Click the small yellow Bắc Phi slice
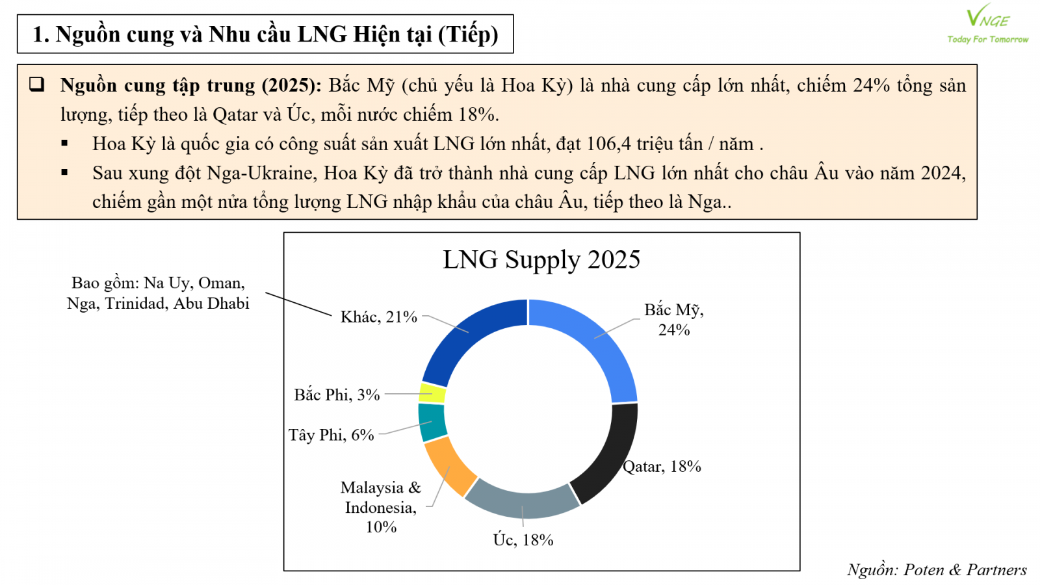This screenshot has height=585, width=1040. (x=433, y=393)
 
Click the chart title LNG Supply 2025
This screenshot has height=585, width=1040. (x=541, y=259)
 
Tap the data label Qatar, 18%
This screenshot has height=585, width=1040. (x=662, y=467)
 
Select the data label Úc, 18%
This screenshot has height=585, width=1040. (x=523, y=539)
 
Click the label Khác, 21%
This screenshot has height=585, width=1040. (x=378, y=317)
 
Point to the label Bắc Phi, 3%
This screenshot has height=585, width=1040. (x=337, y=395)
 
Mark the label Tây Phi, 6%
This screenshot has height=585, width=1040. (x=331, y=435)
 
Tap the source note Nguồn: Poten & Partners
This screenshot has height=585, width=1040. (x=937, y=570)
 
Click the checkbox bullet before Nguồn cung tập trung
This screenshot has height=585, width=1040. (x=37, y=84)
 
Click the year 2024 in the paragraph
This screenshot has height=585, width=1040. (x=942, y=173)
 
